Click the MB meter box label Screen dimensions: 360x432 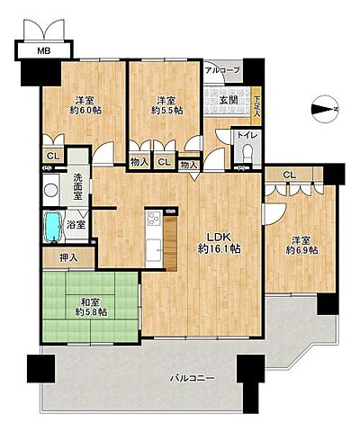[44, 50]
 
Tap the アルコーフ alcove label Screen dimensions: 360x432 [222, 70]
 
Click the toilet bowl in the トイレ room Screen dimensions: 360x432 [247, 152]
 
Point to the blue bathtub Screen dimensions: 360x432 [53, 227]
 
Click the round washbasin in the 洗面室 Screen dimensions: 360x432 [51, 190]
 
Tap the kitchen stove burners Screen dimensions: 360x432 [154, 219]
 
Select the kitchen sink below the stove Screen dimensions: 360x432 [154, 249]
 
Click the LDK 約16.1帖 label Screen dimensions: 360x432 [219, 243]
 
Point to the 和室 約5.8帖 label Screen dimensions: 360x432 [91, 307]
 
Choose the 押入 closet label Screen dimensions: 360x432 [68, 257]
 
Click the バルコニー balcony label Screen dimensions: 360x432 [193, 378]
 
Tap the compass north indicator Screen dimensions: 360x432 [325, 109]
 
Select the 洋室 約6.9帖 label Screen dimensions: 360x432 [301, 245]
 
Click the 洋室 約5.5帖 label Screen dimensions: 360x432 [166, 105]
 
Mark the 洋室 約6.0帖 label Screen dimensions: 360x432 [85, 105]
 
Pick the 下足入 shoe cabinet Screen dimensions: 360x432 [256, 105]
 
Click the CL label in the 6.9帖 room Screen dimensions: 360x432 [289, 175]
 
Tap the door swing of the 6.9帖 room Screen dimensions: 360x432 [274, 214]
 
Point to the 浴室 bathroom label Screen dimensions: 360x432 [76, 224]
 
